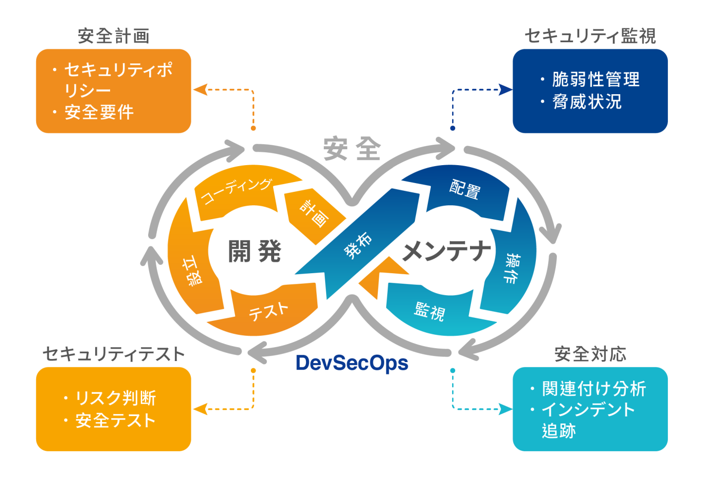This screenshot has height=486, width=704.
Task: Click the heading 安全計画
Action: click(x=114, y=36)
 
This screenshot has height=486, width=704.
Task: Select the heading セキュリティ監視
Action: click(x=590, y=36)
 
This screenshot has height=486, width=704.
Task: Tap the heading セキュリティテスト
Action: click(x=114, y=354)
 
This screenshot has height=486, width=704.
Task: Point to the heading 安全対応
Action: click(x=590, y=354)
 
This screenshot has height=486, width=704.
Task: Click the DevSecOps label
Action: click(x=352, y=363)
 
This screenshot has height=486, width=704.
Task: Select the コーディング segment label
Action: click(x=236, y=191)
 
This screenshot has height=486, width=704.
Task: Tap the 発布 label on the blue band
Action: click(x=358, y=245)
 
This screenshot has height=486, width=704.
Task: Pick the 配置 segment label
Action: click(x=465, y=189)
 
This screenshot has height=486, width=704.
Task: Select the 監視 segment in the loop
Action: click(x=429, y=311)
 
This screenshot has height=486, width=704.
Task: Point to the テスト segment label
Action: click(x=268, y=311)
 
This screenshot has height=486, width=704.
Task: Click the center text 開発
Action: click(x=254, y=251)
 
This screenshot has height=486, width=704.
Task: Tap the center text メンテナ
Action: click(x=447, y=251)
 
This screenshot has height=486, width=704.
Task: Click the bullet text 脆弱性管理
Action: click(x=595, y=79)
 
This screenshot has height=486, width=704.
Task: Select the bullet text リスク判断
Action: click(x=115, y=398)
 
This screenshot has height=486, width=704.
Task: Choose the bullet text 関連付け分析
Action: click(x=593, y=388)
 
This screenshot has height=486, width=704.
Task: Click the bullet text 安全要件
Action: click(x=99, y=112)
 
